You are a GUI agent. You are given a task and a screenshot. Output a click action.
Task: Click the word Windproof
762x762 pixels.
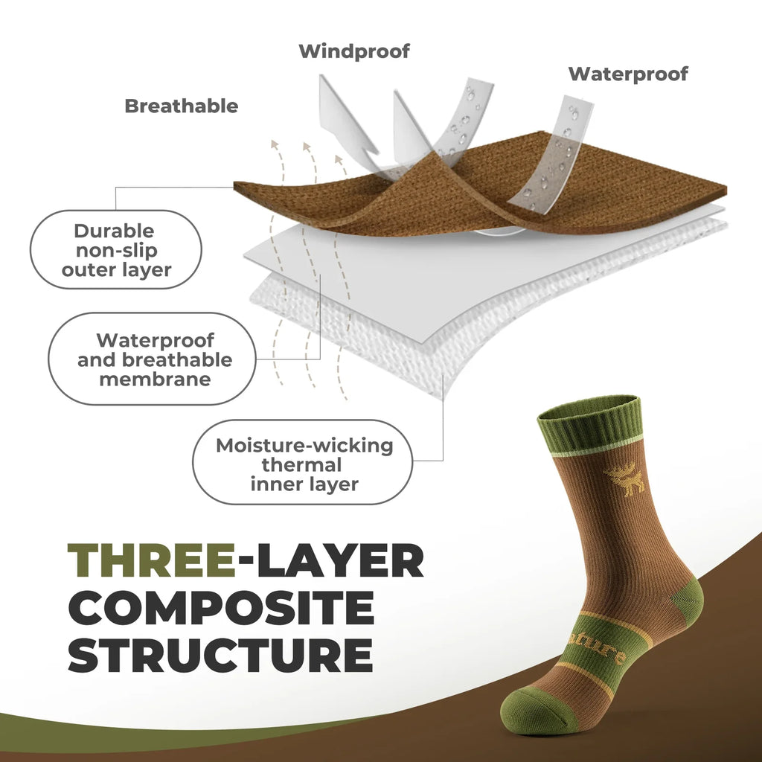[354, 51]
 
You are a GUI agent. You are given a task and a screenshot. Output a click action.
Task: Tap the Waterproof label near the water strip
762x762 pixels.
[628, 74]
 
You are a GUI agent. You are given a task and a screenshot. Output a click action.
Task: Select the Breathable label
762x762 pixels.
[182, 106]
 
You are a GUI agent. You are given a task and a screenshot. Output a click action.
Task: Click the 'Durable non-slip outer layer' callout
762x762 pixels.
[116, 250]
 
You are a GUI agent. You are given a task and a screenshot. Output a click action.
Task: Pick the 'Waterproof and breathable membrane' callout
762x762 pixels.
[154, 359]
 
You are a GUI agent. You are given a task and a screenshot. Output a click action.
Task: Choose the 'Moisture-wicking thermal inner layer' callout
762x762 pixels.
[304, 464]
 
